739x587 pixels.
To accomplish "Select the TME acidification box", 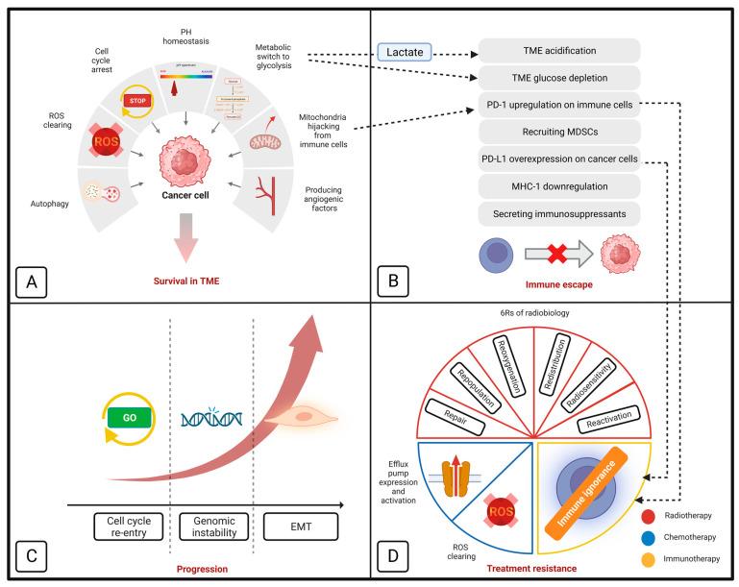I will point(559,51).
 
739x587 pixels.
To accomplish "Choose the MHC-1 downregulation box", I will point(559,185).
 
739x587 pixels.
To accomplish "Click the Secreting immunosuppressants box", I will point(559,212).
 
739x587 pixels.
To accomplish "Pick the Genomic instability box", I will point(214,526).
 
